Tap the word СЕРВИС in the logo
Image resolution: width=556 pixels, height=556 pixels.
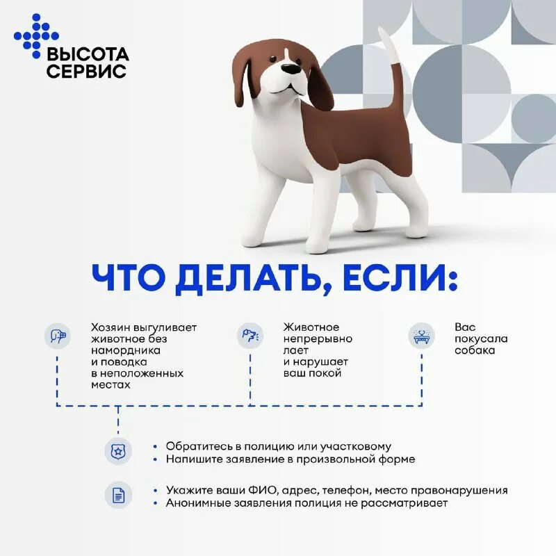click(x=86, y=72)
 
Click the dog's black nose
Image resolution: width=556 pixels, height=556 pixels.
click(x=291, y=68)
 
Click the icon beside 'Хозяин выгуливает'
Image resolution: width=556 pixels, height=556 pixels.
click(x=58, y=337)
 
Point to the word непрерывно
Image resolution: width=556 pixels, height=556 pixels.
click(x=318, y=338)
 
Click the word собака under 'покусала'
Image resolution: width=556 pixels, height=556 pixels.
click(x=475, y=350)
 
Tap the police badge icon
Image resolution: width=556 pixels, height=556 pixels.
click(x=117, y=452)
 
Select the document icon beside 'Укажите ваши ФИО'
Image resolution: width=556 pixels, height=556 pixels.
click(x=117, y=496)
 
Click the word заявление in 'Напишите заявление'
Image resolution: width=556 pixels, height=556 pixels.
click(x=252, y=459)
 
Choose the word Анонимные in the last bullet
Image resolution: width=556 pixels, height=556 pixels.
click(x=196, y=502)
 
